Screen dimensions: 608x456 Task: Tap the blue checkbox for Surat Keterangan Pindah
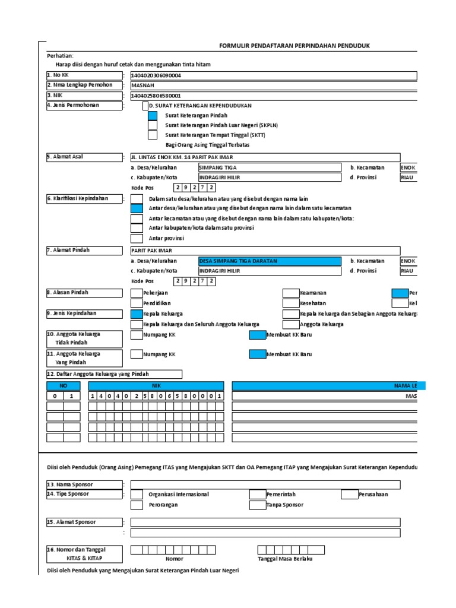pos(153,116)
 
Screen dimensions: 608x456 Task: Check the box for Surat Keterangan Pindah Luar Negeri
pos(153,125)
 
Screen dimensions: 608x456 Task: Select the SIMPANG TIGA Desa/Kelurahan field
pos(270,167)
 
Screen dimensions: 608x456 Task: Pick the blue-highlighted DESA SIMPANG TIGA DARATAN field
pos(270,261)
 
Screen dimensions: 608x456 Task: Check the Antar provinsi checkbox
pos(137,239)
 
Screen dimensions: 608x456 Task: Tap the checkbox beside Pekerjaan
pos(137,293)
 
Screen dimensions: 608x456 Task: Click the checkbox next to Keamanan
pos(291,293)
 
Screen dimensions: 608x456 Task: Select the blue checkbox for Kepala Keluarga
pos(137,313)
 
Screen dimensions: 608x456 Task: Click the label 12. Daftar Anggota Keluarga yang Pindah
pos(114,374)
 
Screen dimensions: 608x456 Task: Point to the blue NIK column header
pos(157,386)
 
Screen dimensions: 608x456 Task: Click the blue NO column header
pos(64,386)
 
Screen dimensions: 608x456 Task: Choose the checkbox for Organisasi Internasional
pos(137,495)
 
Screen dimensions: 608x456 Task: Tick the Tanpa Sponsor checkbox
pos(257,505)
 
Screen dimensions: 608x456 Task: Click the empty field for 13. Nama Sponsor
pos(265,484)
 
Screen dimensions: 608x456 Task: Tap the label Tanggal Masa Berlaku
pos(285,559)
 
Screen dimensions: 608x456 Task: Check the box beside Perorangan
pos(137,505)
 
